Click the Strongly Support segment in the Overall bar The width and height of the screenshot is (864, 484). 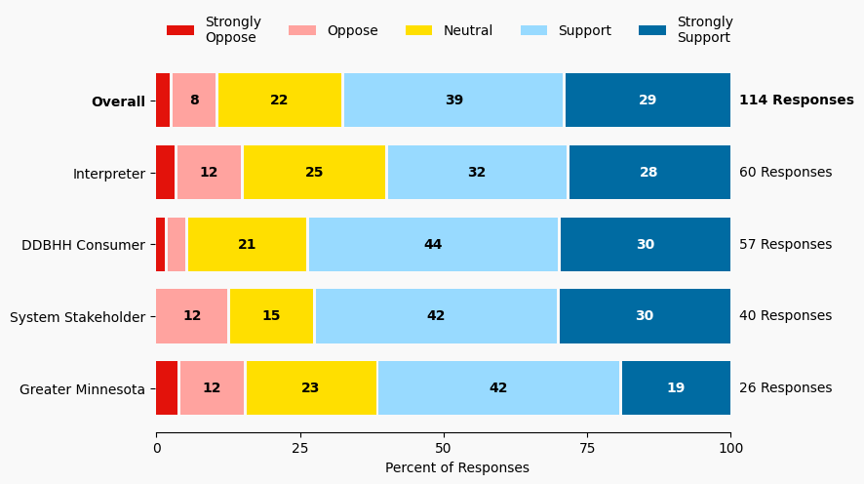pyautogui.click(x=648, y=101)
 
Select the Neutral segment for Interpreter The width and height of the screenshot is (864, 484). pyautogui.click(x=314, y=173)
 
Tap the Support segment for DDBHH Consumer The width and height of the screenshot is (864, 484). pyautogui.click(x=433, y=245)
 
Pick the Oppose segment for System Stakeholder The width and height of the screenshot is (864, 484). pyautogui.click(x=192, y=316)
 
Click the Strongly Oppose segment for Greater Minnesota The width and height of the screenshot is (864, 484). pyautogui.click(x=167, y=388)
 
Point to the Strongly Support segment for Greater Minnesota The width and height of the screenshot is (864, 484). pyautogui.click(x=676, y=388)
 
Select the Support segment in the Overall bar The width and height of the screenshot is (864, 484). pyautogui.click(x=453, y=101)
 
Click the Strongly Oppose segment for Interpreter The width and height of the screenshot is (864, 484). pyautogui.click(x=166, y=173)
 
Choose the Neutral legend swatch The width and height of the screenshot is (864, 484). pyautogui.click(x=419, y=30)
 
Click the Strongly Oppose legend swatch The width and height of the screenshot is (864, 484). pyautogui.click(x=180, y=30)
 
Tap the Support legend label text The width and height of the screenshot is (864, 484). pyautogui.click(x=584, y=30)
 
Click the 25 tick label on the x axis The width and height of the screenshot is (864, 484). pyautogui.click(x=299, y=448)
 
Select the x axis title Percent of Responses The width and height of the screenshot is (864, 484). pyautogui.click(x=456, y=467)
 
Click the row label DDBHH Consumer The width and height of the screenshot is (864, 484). pyautogui.click(x=83, y=245)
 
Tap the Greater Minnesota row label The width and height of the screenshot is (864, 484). pyautogui.click(x=82, y=388)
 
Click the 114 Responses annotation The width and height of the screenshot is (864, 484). pyautogui.click(x=796, y=101)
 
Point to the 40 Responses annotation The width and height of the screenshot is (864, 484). pyautogui.click(x=785, y=316)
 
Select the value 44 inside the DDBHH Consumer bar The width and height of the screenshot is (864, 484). pyautogui.click(x=433, y=245)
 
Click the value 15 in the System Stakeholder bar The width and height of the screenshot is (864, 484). pyautogui.click(x=271, y=316)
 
